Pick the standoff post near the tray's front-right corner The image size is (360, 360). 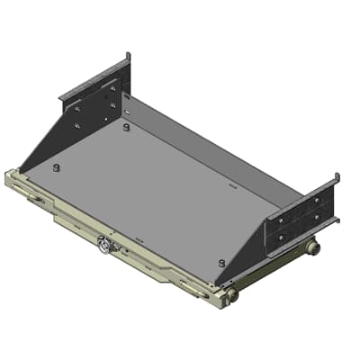click(x=221, y=262)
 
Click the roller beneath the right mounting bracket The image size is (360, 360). click(x=312, y=247)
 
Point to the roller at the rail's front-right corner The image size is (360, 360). click(x=232, y=293)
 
